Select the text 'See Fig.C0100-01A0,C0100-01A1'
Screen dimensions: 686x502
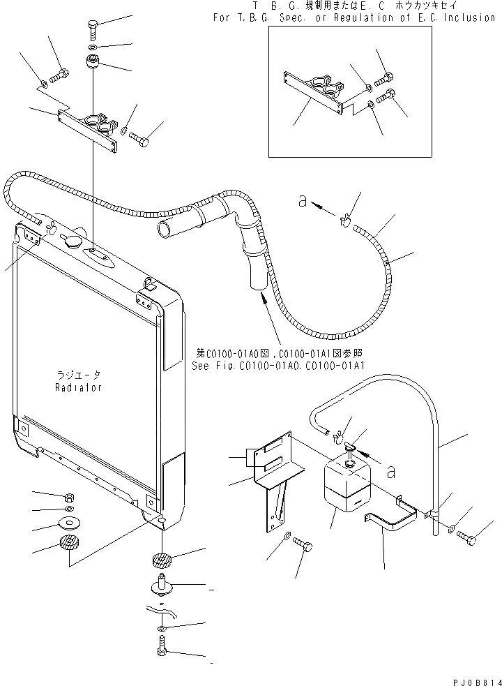[277, 365]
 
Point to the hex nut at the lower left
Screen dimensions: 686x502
[70, 498]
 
